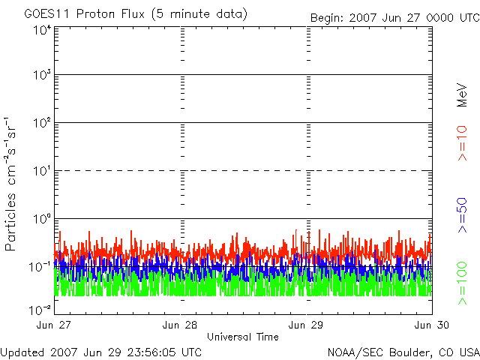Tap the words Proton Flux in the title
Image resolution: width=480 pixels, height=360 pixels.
(x=110, y=14)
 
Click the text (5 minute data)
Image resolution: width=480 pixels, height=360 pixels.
(x=199, y=14)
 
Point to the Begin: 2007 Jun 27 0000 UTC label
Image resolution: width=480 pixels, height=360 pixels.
(x=395, y=18)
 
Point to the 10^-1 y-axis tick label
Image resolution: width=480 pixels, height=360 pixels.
(x=40, y=267)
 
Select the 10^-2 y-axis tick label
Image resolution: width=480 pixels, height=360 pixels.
(x=40, y=310)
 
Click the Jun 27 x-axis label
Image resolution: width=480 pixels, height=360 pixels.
(x=53, y=325)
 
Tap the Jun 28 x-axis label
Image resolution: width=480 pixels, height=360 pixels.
(x=180, y=325)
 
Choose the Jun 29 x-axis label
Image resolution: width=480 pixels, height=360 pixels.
(x=305, y=325)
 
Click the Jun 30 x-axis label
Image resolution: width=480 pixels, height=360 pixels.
(x=432, y=325)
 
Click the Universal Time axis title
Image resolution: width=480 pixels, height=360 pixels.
(x=243, y=337)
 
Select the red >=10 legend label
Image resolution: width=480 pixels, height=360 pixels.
(x=462, y=143)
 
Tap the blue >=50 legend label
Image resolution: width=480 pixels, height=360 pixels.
(x=462, y=215)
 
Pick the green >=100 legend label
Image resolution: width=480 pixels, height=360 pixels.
(x=462, y=283)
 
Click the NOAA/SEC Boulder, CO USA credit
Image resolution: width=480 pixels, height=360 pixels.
(x=403, y=352)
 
